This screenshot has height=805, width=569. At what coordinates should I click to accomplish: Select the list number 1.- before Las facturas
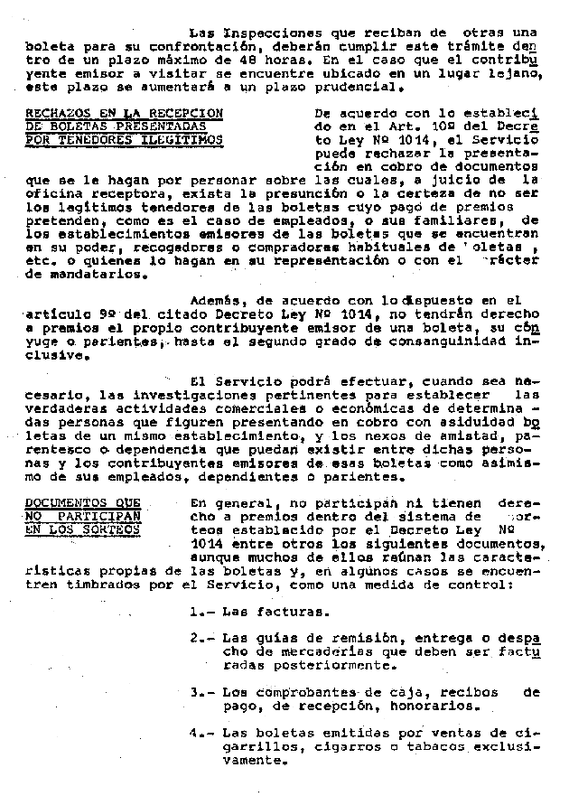point(202,612)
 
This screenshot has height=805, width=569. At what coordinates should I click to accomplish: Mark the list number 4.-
point(202,735)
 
